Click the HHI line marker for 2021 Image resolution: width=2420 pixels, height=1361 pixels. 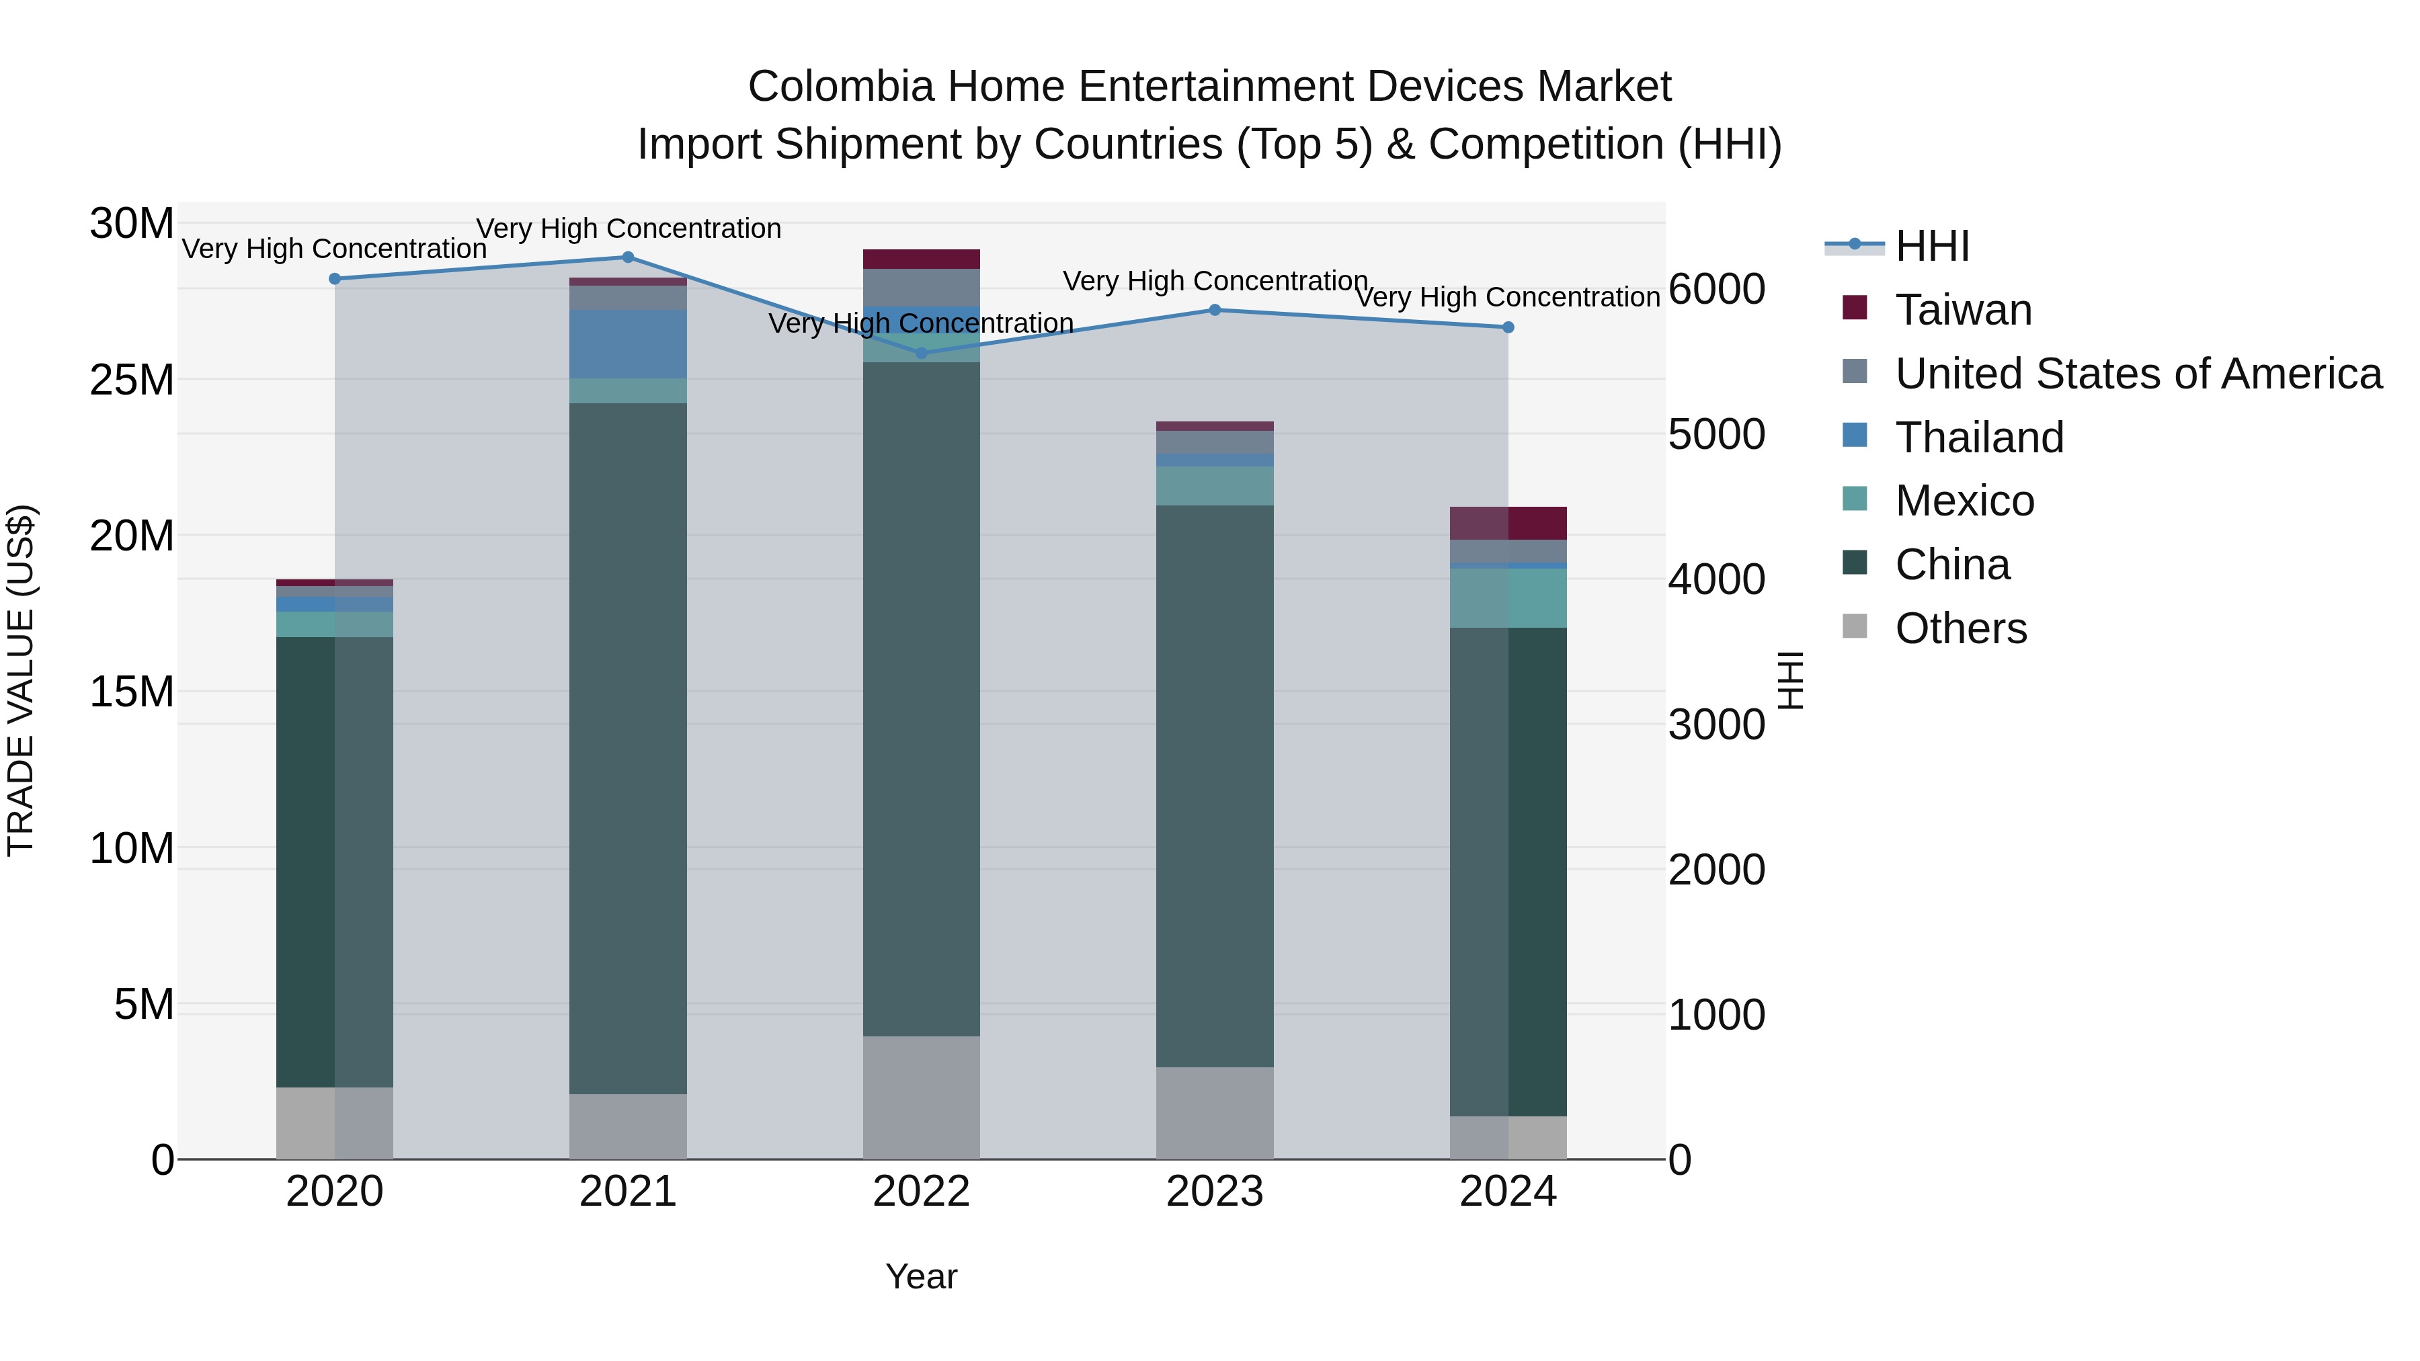(629, 257)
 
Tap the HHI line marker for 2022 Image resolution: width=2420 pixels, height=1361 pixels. (922, 353)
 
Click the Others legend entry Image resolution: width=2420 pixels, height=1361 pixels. (1961, 628)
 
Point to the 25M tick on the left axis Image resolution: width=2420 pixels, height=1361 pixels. (132, 380)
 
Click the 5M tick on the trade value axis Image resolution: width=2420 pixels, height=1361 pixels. (144, 1004)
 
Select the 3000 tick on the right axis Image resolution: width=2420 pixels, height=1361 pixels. (1716, 725)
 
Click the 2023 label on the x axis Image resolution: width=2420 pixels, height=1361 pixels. (1214, 1192)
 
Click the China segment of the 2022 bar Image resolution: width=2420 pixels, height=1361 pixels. (922, 699)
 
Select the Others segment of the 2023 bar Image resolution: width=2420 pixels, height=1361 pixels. (1214, 1113)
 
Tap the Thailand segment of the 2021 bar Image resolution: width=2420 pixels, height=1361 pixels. (629, 343)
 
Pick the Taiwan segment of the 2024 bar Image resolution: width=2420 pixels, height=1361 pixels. (1508, 523)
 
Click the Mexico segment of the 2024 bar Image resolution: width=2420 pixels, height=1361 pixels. (1508, 597)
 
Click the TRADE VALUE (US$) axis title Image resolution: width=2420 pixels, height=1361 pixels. (21, 680)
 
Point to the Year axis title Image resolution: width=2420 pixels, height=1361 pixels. (921, 1276)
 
